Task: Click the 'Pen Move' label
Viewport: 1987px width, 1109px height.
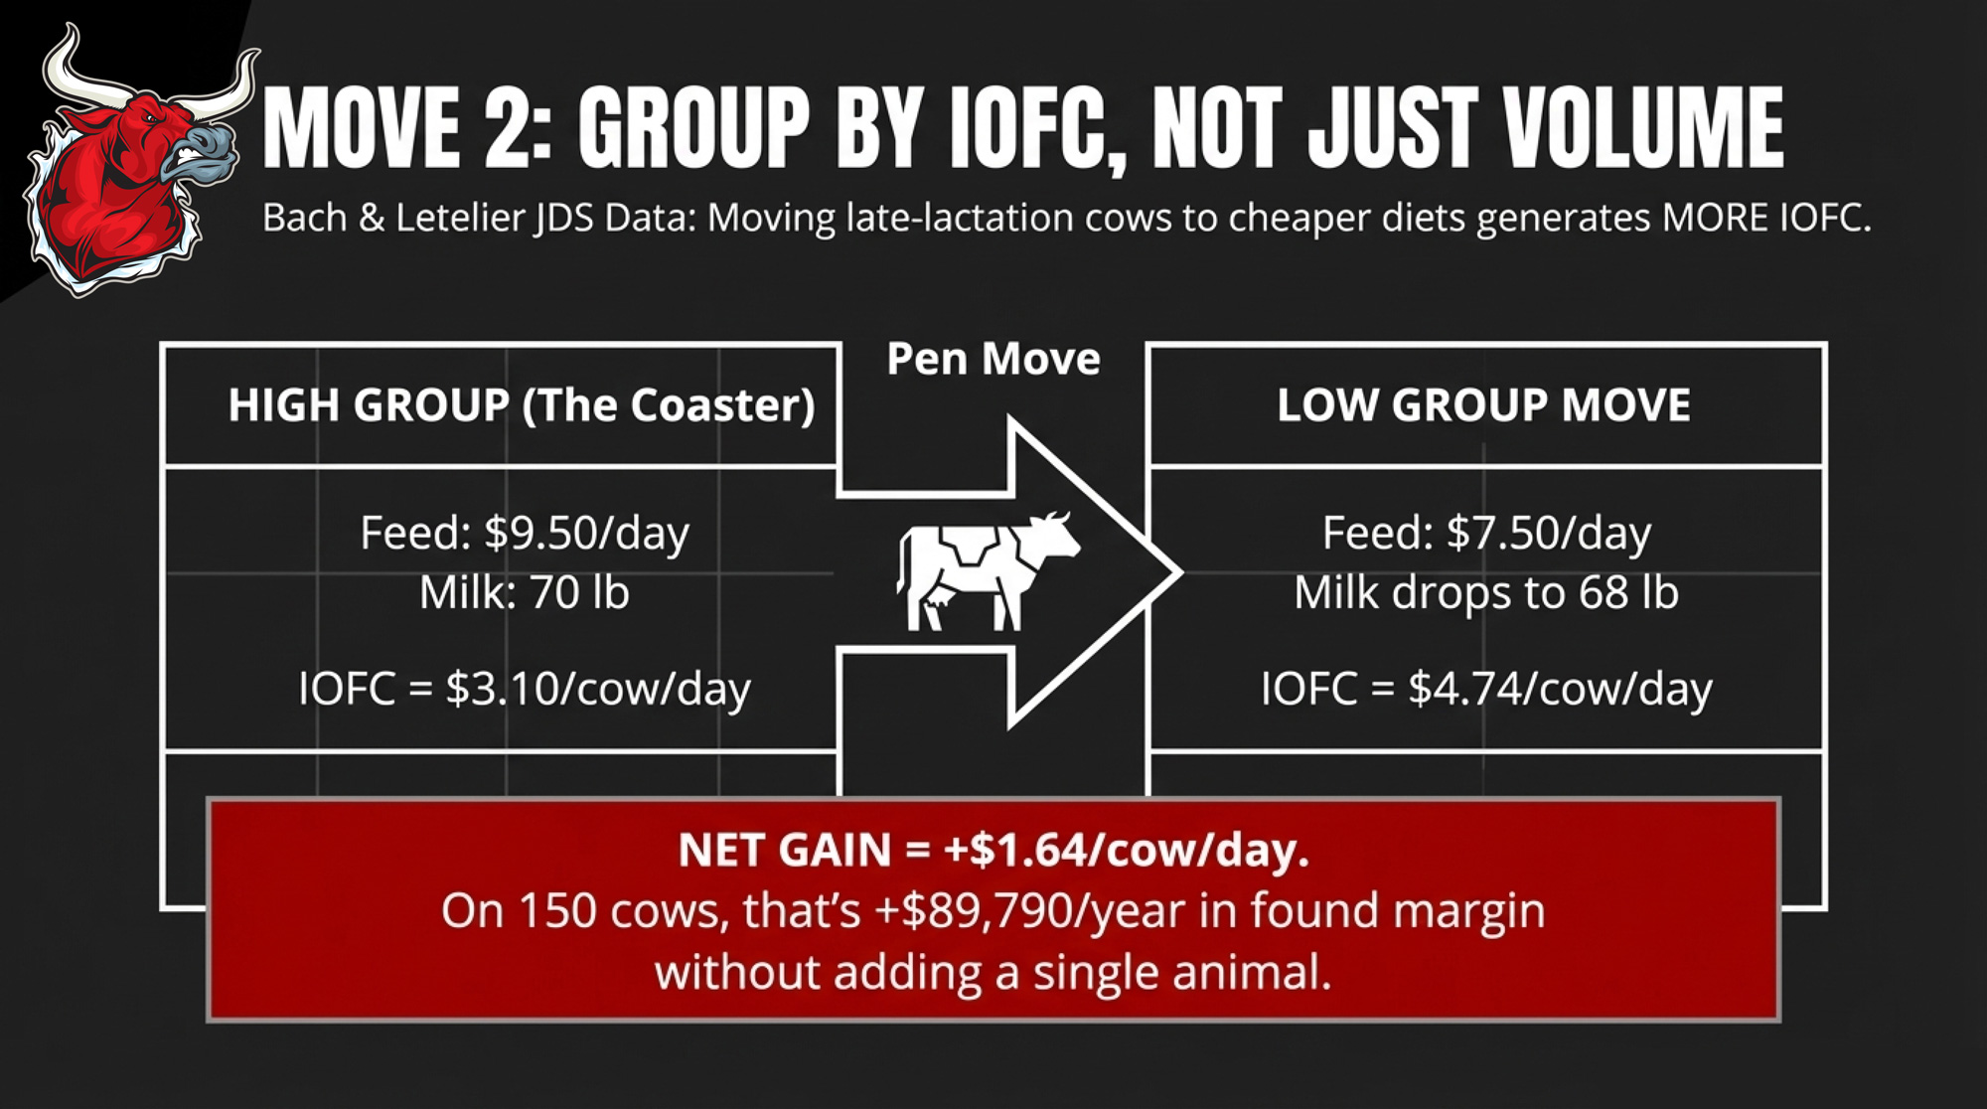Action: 993,359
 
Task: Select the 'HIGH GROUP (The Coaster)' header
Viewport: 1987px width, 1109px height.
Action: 522,405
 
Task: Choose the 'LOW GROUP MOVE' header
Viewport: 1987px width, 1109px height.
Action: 1483,405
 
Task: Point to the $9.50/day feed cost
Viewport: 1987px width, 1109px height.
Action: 586,534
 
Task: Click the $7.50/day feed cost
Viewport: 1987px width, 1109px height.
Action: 1549,534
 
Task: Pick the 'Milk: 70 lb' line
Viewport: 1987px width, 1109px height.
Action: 524,593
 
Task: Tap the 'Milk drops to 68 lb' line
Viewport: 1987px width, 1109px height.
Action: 1485,593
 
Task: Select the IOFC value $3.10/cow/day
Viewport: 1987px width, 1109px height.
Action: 598,689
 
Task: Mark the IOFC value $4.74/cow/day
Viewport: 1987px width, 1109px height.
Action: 1560,689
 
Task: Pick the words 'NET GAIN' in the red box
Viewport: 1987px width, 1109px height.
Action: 785,851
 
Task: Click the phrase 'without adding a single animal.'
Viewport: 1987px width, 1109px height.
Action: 993,972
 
